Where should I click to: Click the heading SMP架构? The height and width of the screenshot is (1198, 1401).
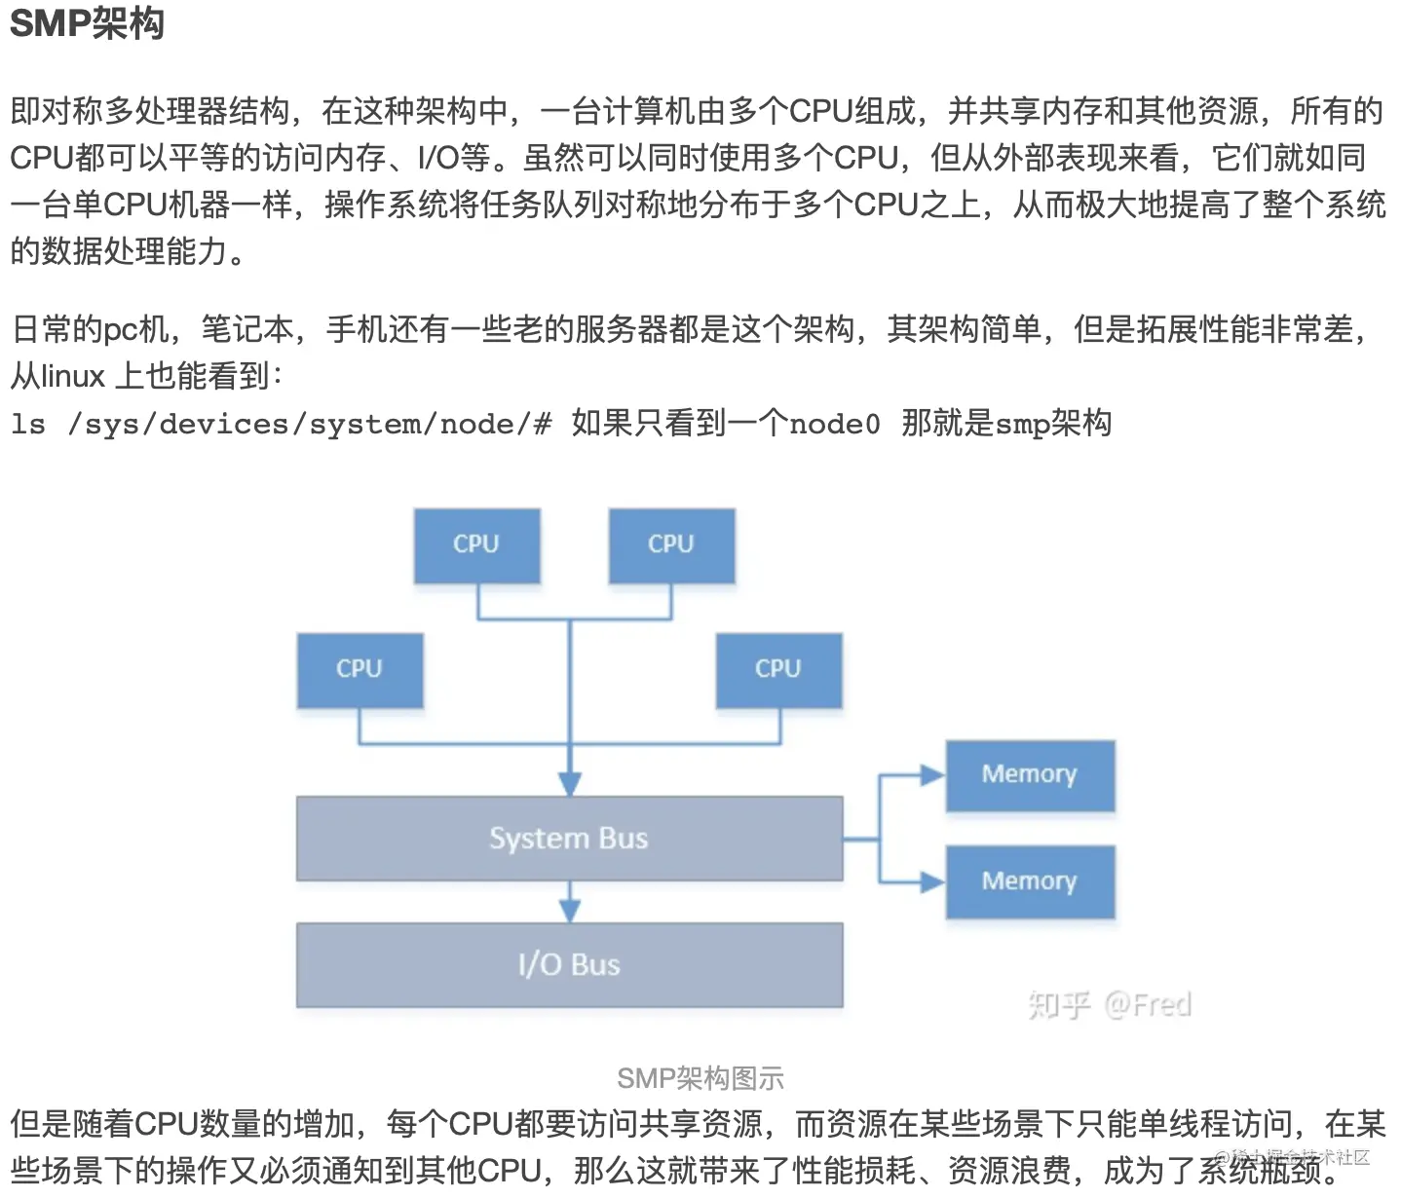tap(87, 23)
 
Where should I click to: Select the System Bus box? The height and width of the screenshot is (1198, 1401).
tap(569, 839)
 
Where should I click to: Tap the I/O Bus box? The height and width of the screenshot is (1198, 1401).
tap(569, 964)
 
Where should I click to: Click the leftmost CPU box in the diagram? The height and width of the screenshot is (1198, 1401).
tap(360, 670)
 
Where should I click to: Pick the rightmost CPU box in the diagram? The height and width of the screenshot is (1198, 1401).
tap(778, 670)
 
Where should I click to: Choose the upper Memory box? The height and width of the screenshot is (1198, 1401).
tap(1030, 775)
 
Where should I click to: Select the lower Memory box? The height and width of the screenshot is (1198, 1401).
tap(1030, 881)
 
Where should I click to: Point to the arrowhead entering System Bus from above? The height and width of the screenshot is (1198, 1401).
tap(570, 784)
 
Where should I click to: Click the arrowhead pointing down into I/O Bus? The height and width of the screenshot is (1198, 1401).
tap(570, 911)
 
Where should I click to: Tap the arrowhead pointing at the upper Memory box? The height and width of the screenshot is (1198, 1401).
tap(932, 775)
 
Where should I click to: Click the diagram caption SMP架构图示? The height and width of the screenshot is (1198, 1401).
tap(700, 1078)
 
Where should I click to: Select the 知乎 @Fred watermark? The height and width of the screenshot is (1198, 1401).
tap(1109, 1004)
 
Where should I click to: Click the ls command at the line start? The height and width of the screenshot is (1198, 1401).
tap(28, 424)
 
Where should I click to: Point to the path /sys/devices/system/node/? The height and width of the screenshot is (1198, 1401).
tap(300, 424)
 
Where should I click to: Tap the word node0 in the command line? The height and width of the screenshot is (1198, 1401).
tap(834, 424)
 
